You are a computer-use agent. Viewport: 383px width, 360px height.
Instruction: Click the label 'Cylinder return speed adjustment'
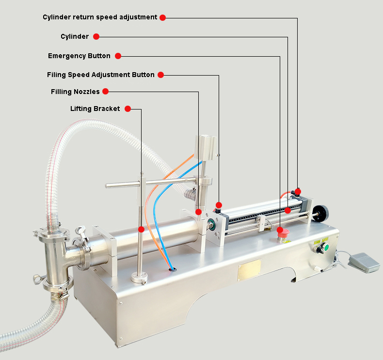tap(100, 17)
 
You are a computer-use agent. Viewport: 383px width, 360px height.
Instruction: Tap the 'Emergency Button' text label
tap(79, 56)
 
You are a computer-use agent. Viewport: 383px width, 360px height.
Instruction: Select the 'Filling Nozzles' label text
tap(75, 92)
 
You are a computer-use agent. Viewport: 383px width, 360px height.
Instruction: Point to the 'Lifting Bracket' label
tap(95, 109)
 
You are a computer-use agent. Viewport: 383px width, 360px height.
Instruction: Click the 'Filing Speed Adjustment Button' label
tap(101, 75)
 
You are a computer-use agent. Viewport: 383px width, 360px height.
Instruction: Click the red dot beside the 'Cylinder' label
tap(96, 37)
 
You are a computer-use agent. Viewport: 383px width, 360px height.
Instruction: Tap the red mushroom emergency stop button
tap(283, 233)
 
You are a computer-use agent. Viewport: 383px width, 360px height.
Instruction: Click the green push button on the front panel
tap(326, 248)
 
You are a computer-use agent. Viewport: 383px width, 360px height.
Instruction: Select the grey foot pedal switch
tap(364, 262)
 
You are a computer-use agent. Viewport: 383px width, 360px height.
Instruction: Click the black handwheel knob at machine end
tap(321, 213)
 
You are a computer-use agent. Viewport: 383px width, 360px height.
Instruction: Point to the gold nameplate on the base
tap(249, 269)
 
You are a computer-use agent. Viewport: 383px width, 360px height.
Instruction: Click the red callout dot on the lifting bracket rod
tap(141, 230)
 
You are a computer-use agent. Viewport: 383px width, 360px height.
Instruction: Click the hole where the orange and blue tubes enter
tap(173, 269)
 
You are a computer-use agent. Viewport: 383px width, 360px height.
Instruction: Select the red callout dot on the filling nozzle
tap(199, 212)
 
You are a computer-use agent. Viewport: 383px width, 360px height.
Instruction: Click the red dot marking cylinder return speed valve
tap(298, 191)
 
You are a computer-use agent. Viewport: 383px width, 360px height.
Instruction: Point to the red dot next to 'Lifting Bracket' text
tap(128, 109)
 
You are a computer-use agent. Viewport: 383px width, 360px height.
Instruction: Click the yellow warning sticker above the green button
tap(325, 240)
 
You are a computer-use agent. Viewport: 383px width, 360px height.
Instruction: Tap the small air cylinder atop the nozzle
tap(206, 148)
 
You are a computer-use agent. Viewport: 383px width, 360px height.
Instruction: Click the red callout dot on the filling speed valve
tap(219, 205)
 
